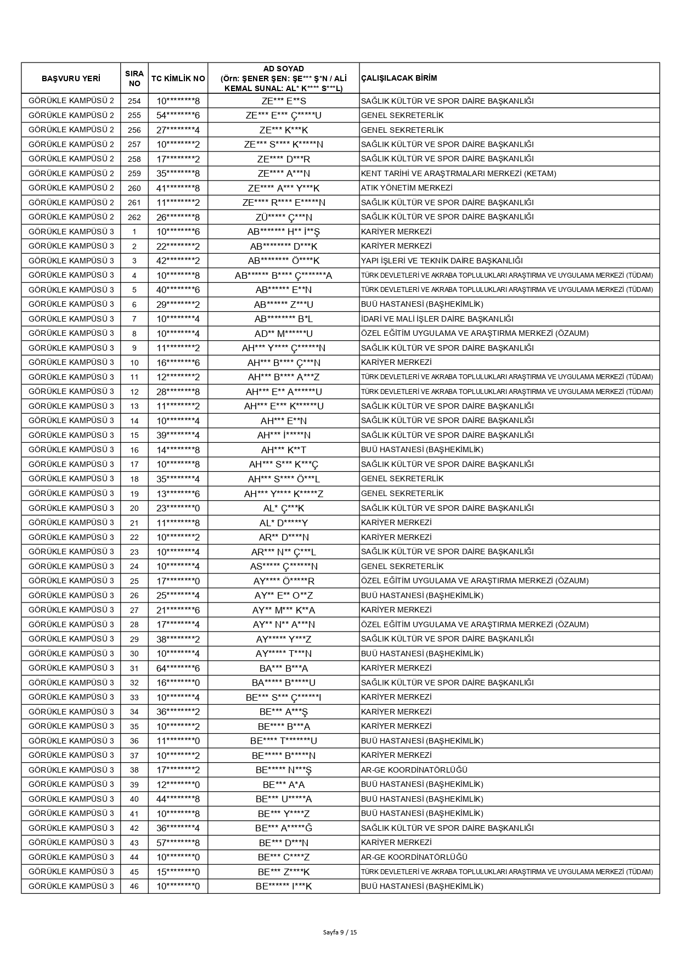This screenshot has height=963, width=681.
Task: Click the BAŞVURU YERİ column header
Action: pos(71,78)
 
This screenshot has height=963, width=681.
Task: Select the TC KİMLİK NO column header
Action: pos(178,78)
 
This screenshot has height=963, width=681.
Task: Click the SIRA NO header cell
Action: pos(134,78)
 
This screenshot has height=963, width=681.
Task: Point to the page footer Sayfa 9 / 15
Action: pos(340,932)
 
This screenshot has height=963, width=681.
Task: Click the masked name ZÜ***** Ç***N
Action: pos(283,217)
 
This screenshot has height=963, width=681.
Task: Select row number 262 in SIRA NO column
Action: pos(134,217)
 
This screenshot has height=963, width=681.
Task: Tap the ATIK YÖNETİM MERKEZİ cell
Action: pos(399,188)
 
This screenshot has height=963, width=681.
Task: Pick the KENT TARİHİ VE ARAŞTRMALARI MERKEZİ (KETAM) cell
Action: pos(458,173)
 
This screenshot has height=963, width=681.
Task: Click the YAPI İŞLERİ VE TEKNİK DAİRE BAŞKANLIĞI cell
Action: pos(442,261)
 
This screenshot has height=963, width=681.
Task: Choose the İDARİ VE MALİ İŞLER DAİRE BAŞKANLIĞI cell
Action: pos(437,319)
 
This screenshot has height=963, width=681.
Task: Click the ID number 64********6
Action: pos(178,668)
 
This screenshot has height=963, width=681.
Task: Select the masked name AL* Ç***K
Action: pos(283,508)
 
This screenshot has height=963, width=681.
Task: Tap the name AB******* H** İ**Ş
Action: pos(283,232)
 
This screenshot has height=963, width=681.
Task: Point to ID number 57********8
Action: pos(178,843)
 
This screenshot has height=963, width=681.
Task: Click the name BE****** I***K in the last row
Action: pos(283,886)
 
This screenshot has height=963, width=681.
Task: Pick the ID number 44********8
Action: pos(178,799)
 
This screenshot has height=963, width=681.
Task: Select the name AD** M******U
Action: pos(283,334)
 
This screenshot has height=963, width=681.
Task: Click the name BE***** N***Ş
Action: pos(283,770)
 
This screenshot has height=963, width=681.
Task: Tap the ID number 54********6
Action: pos(178,115)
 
